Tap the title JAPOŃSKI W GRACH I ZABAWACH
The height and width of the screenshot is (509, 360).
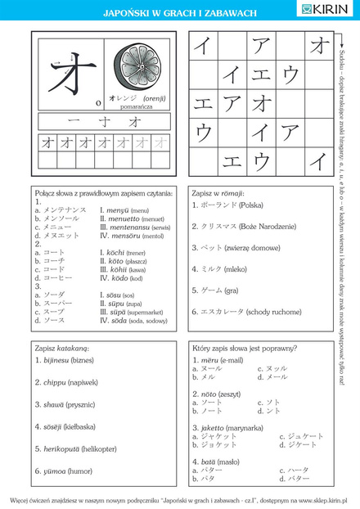point(180,14)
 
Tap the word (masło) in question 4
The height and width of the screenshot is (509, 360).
point(232,462)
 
